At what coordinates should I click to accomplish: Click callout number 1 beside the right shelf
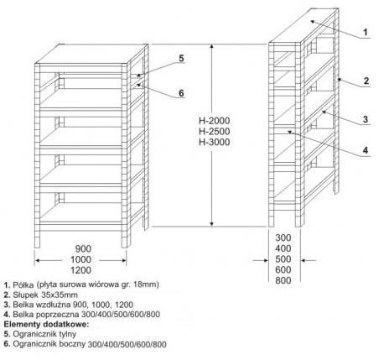(366, 33)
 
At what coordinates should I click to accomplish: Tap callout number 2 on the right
(366, 81)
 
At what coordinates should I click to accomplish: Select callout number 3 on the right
(366, 119)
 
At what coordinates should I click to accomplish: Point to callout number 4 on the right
(366, 150)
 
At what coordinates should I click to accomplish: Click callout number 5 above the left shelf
(181, 58)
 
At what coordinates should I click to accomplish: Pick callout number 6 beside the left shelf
(181, 93)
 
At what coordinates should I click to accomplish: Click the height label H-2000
(215, 121)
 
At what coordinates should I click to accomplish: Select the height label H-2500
(215, 132)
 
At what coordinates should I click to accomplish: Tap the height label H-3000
(215, 142)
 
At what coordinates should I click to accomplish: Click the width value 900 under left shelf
(83, 248)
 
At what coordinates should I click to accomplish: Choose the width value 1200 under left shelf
(80, 270)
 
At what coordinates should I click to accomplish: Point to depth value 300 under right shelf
(283, 237)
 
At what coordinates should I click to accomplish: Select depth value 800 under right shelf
(283, 280)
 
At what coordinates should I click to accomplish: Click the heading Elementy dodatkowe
(46, 325)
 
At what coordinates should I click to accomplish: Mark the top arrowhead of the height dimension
(211, 48)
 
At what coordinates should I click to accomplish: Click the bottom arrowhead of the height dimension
(211, 223)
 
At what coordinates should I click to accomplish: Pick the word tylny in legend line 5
(68, 334)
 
